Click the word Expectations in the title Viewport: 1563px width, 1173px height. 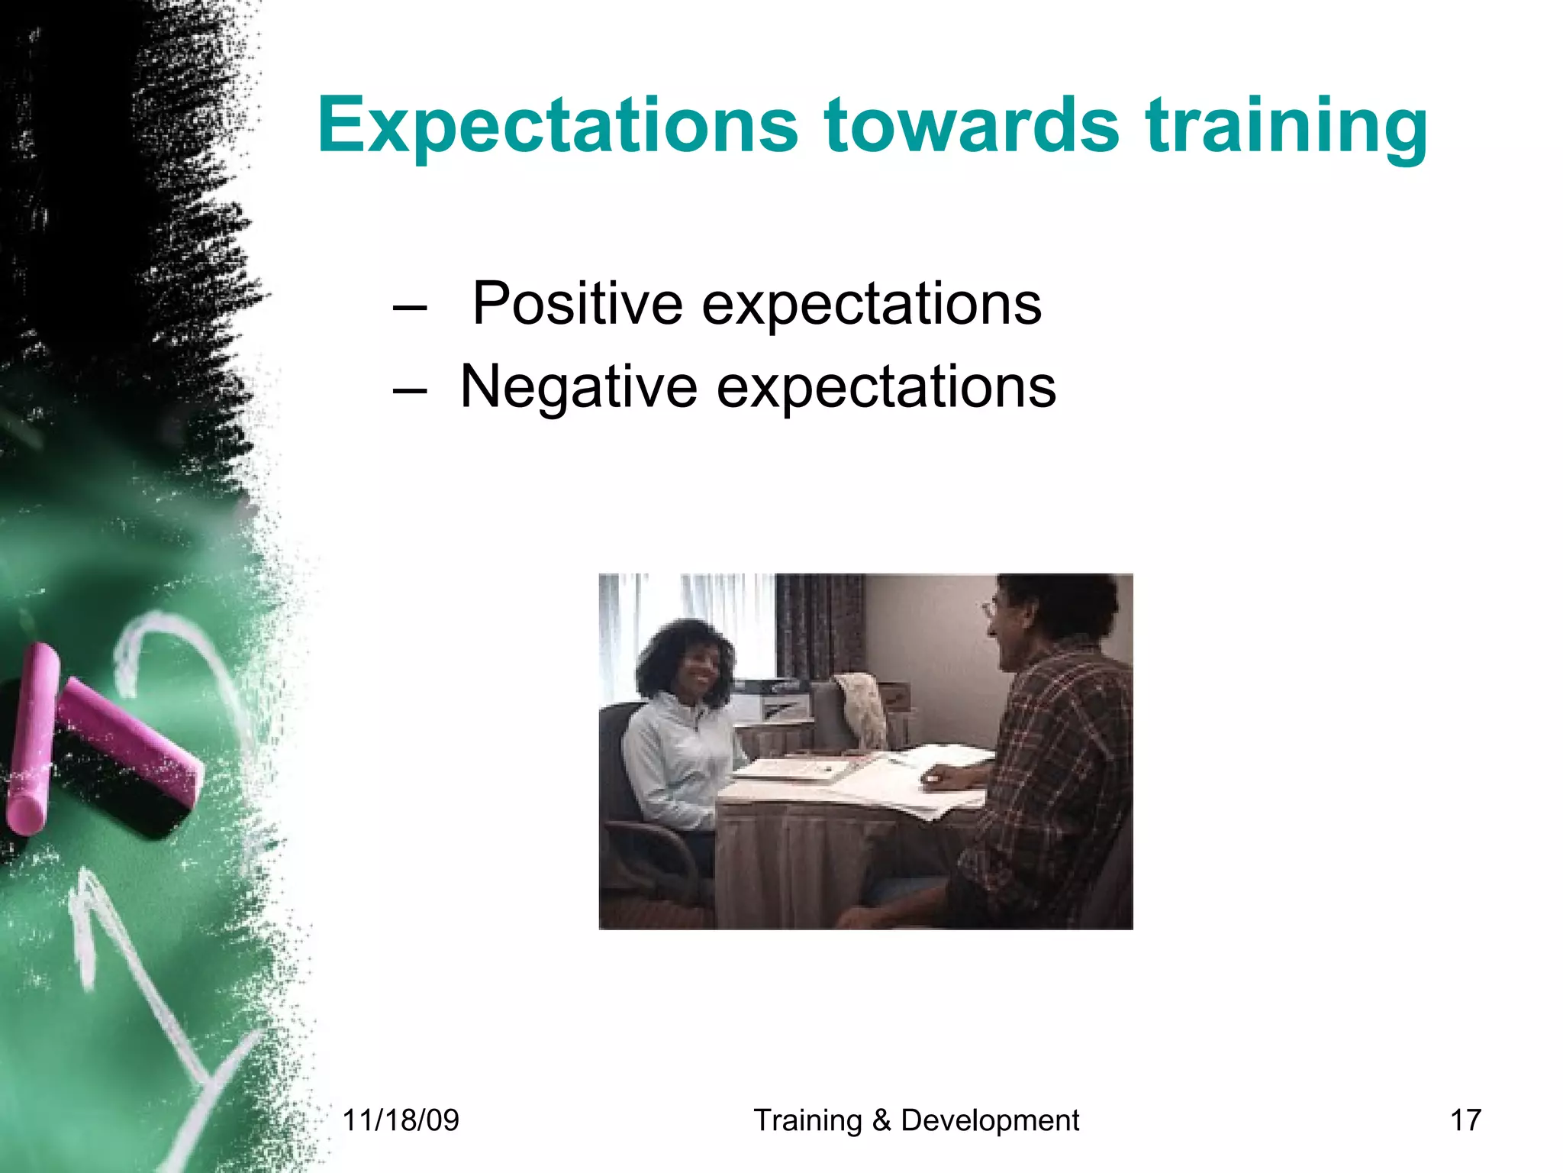coord(557,126)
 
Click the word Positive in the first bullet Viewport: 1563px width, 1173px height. coord(576,304)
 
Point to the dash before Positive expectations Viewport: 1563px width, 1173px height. coord(409,309)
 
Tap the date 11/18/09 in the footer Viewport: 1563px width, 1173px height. coord(401,1120)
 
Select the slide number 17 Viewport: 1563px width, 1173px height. coord(1465,1120)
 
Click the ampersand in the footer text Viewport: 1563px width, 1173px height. coord(881,1120)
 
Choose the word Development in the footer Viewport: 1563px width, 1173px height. coord(990,1120)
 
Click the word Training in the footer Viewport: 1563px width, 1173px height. coord(807,1120)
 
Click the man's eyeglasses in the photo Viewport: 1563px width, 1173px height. coord(991,609)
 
